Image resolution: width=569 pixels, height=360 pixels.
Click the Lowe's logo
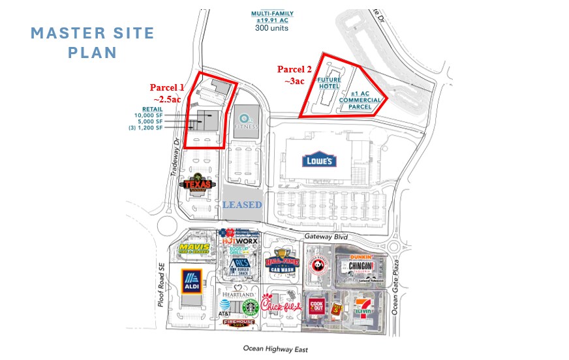[x=319, y=160]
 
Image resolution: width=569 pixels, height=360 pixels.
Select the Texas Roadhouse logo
[x=200, y=185]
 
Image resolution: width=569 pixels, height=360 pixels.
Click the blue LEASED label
[x=242, y=205]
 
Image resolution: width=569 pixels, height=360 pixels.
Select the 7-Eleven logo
[x=364, y=307]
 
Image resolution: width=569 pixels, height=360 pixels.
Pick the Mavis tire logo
[x=194, y=250]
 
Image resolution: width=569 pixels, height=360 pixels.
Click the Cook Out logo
[x=318, y=307]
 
